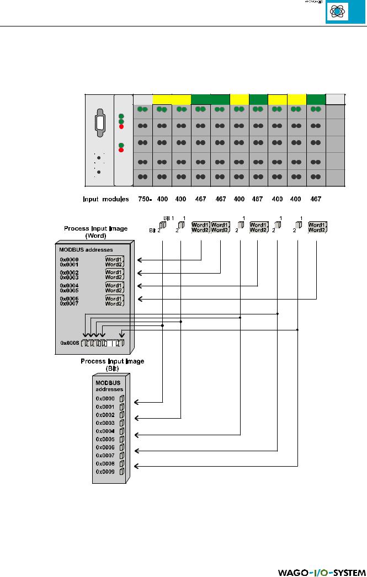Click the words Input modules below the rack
(x=106, y=198)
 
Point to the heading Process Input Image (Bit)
(x=113, y=365)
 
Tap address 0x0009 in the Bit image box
(x=105, y=472)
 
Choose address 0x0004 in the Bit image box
(x=105, y=431)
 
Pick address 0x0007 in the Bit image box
(x=105, y=456)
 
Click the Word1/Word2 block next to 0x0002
(x=114, y=275)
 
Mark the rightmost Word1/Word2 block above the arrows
(x=317, y=227)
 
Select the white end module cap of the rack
(x=335, y=99)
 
